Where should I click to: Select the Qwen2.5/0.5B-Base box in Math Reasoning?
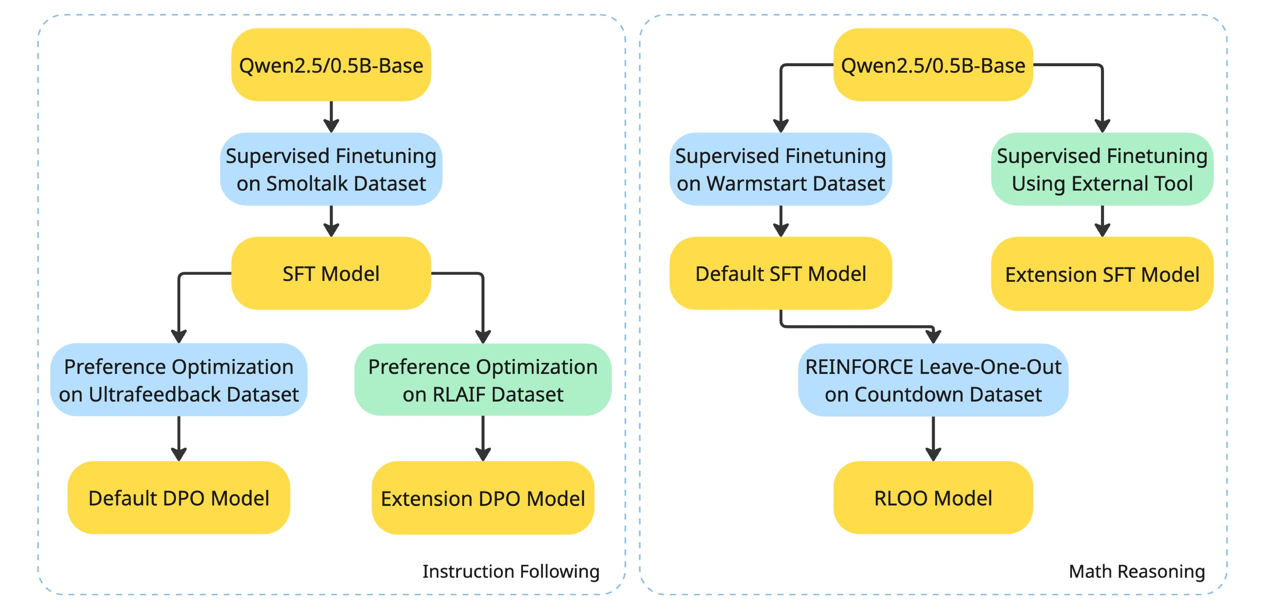(x=933, y=65)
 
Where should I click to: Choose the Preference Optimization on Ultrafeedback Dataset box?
(x=179, y=380)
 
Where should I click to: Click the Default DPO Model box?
(x=179, y=498)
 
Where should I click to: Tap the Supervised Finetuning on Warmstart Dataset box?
(x=781, y=169)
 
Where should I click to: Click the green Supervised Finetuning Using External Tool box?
(x=1102, y=169)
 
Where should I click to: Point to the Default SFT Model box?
(x=781, y=273)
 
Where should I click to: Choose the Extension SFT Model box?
(x=1102, y=274)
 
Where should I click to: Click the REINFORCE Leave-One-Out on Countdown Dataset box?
(x=933, y=380)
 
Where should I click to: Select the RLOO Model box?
(x=933, y=498)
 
